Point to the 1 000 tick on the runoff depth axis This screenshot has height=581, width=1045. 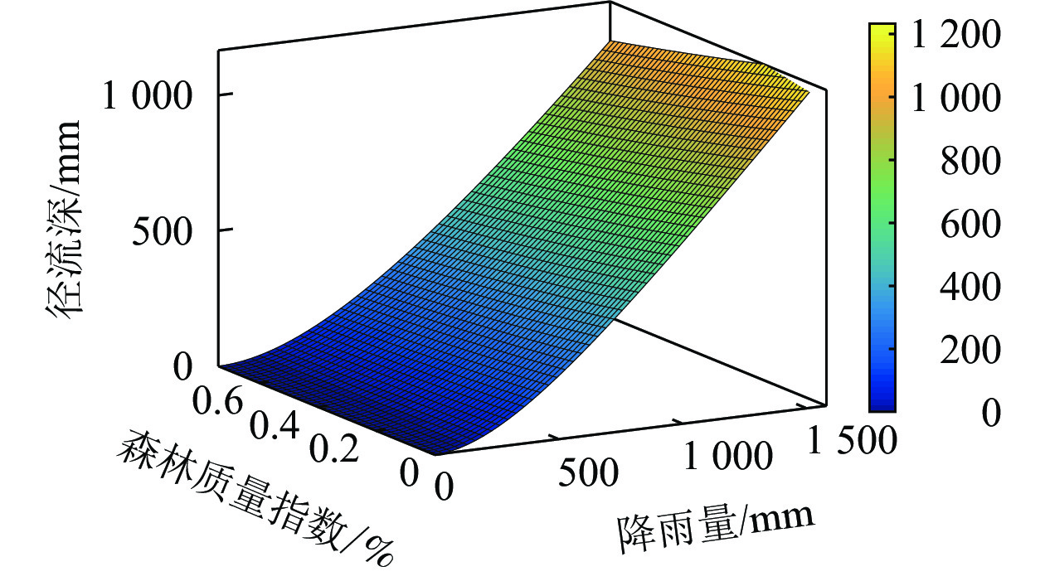[x=146, y=96]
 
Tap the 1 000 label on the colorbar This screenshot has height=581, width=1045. [x=955, y=99]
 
